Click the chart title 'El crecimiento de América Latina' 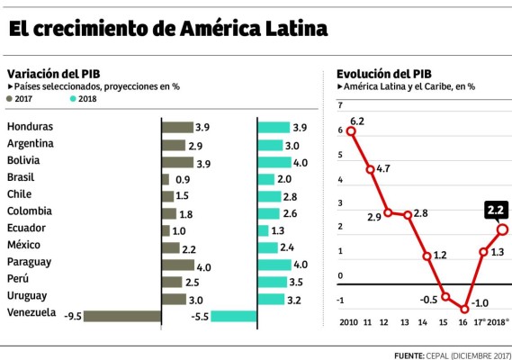pyautogui.click(x=167, y=30)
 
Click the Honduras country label pyautogui.click(x=30, y=127)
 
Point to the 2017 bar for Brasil pyautogui.click(x=165, y=178)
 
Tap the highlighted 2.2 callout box pyautogui.click(x=495, y=211)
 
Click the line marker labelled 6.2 pyautogui.click(x=351, y=131)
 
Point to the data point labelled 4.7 pyautogui.click(x=369, y=168)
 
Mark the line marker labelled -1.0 pyautogui.click(x=464, y=309)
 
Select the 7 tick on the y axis pyautogui.click(x=340, y=106)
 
